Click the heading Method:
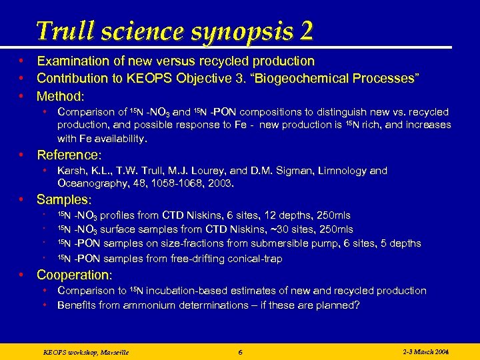tap(61, 96)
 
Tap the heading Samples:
tap(64, 199)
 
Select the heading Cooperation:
tap(75, 275)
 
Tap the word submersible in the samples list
tap(286, 243)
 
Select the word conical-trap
tap(249, 259)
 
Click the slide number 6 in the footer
tap(240, 351)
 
